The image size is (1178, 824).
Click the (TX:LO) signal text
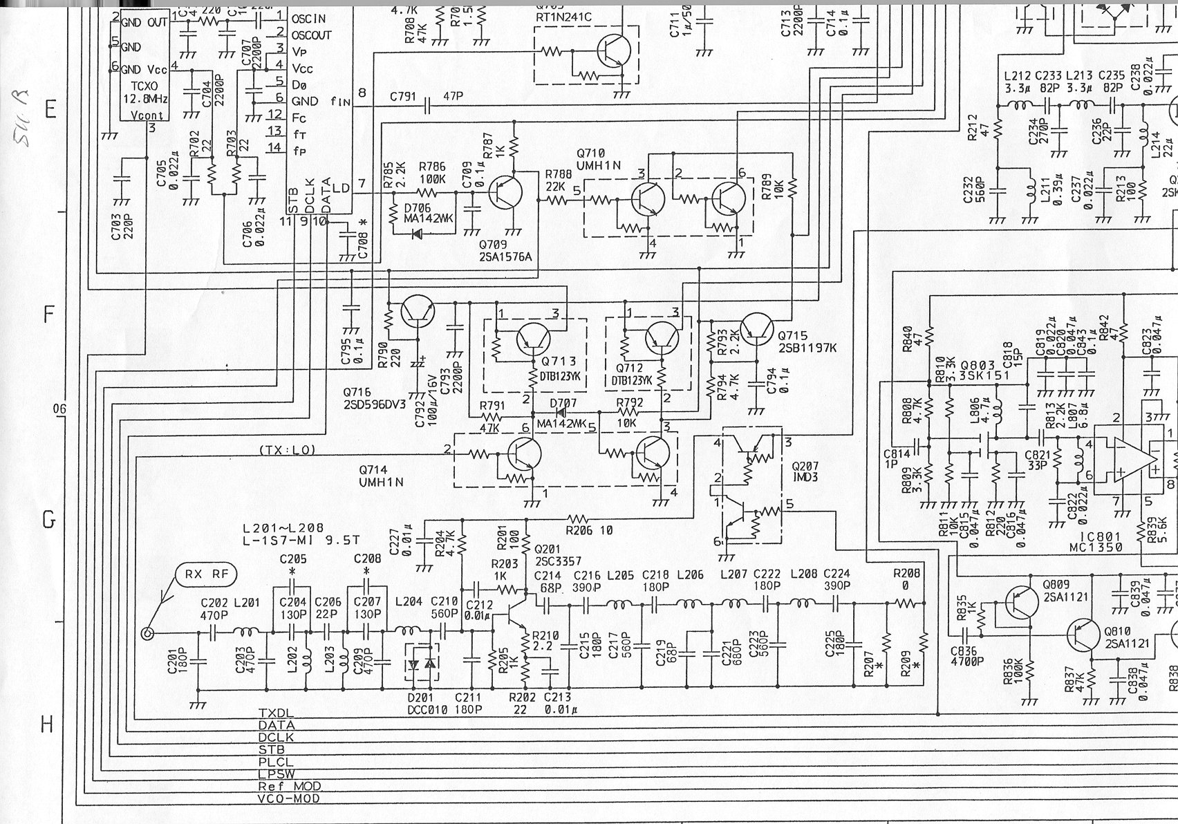pyautogui.click(x=288, y=450)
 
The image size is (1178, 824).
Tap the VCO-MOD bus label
pyautogui.click(x=289, y=798)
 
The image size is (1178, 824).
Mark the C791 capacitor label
pyautogui.click(x=402, y=97)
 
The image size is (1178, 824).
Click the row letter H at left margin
pyautogui.click(x=47, y=724)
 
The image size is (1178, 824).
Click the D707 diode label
pyautogui.click(x=561, y=402)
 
